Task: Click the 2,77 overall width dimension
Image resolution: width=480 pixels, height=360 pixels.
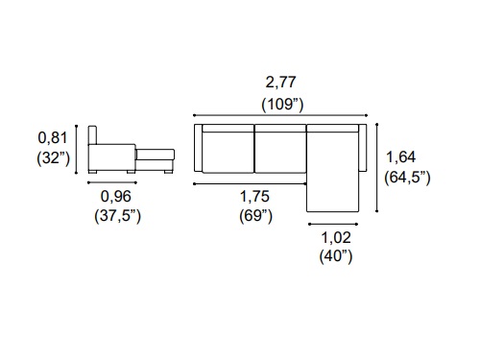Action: click(280, 83)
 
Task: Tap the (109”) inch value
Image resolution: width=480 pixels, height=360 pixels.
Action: click(282, 105)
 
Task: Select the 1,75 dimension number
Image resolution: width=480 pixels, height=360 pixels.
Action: click(254, 197)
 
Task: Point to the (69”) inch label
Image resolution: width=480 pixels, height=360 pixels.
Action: click(255, 216)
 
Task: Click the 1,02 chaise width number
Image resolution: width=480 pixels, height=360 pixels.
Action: click(336, 237)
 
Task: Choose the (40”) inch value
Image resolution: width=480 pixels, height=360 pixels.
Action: click(336, 256)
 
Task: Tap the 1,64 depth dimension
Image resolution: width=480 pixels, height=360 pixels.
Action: click(400, 157)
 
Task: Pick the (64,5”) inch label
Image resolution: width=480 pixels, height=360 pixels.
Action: click(407, 178)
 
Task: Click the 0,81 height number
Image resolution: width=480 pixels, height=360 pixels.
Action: click(53, 138)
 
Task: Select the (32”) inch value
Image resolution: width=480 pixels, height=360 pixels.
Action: click(53, 158)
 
